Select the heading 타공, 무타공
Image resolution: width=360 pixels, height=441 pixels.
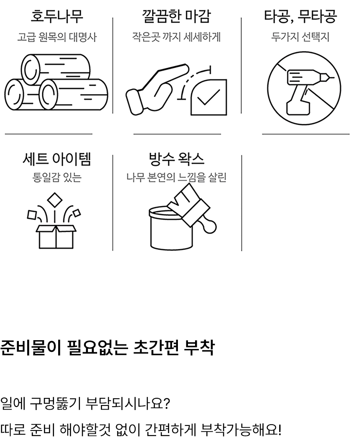coord(300,16)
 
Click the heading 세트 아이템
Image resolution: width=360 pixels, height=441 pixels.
coord(57,159)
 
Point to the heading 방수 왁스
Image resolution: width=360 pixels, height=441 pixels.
coord(177,159)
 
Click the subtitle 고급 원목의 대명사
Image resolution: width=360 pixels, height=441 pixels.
coord(57,37)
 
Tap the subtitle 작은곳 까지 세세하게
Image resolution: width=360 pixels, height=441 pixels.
coord(177,37)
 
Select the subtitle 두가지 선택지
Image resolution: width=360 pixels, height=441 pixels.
coord(300,37)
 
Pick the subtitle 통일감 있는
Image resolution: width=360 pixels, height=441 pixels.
coord(57,177)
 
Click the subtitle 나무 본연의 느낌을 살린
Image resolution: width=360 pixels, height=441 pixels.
coord(177,177)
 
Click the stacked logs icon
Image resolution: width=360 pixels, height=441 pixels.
coord(56,82)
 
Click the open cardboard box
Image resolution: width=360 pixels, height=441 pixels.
coord(56,237)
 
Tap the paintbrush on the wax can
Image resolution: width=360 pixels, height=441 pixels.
coord(193,208)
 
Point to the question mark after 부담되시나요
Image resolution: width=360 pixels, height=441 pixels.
coord(166,404)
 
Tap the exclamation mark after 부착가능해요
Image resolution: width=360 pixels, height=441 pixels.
coord(279,429)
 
